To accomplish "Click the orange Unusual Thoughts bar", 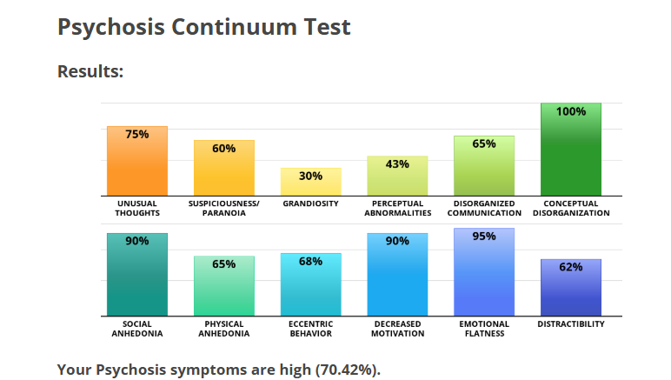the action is [x=137, y=161].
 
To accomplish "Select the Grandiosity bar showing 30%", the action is [x=310, y=182].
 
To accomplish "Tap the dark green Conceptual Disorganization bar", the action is [x=571, y=150].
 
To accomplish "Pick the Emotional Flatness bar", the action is [x=484, y=272].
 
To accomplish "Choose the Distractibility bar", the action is [x=571, y=288].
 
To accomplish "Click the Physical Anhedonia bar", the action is [x=223, y=286].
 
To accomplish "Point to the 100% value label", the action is [x=571, y=111].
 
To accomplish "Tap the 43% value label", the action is [x=397, y=164].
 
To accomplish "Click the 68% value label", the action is [x=310, y=262].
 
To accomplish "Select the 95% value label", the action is [x=484, y=237].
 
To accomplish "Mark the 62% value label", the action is [x=571, y=267].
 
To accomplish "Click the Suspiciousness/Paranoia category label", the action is [x=223, y=209].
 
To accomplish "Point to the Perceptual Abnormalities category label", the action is [x=397, y=209].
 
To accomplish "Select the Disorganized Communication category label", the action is [x=484, y=209].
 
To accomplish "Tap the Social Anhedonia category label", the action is [x=137, y=329].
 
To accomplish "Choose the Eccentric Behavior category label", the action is [x=310, y=329].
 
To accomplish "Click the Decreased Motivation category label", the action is [x=397, y=329].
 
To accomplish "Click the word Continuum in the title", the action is [x=235, y=27].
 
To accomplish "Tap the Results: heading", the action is [x=90, y=71].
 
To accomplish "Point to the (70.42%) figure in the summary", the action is [x=348, y=370].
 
